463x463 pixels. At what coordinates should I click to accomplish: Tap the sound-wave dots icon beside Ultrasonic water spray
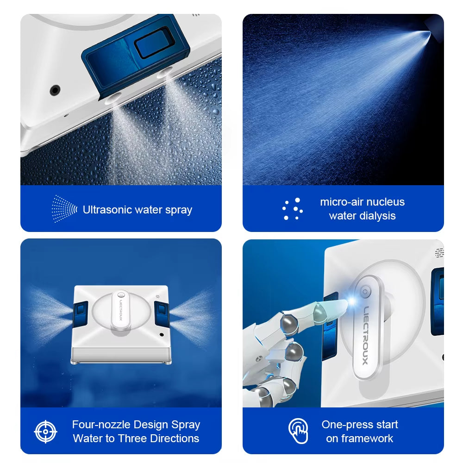[64, 209]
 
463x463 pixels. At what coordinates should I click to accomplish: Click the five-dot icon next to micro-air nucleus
[293, 209]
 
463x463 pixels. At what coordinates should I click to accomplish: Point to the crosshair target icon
[45, 432]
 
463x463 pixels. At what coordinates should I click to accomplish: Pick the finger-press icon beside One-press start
[298, 431]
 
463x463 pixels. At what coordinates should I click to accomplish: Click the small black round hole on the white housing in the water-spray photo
[56, 89]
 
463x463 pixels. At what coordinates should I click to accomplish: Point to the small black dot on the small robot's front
[161, 334]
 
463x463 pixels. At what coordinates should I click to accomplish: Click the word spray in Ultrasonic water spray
[179, 210]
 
